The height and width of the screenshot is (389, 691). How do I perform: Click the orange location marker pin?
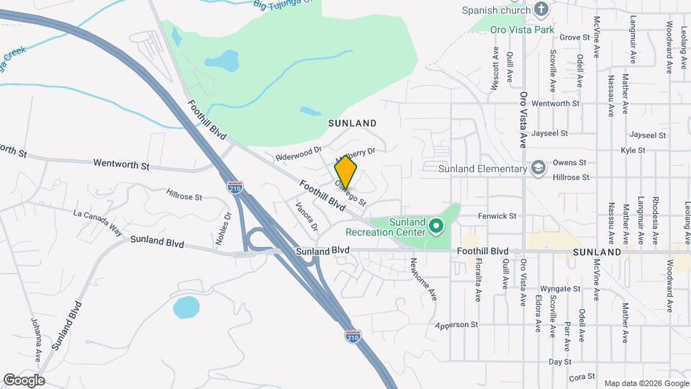pyautogui.click(x=345, y=171)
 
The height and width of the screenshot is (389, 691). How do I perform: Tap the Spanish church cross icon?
pyautogui.click(x=542, y=10)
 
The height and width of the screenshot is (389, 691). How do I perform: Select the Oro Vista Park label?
pyautogui.click(x=522, y=30)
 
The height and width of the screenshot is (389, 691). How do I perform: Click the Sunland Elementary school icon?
pyautogui.click(x=538, y=169)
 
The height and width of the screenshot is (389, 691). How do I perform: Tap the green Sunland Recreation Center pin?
pyautogui.click(x=435, y=227)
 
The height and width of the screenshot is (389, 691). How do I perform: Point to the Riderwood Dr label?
pyautogui.click(x=298, y=154)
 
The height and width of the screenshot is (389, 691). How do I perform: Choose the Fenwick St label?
pyautogui.click(x=497, y=215)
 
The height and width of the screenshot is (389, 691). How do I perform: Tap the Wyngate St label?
pyautogui.click(x=560, y=288)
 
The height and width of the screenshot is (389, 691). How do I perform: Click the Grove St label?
pyautogui.click(x=574, y=37)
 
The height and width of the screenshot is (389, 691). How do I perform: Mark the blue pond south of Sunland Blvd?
pyautogui.click(x=186, y=308)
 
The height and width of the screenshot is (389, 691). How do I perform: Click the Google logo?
pyautogui.click(x=24, y=380)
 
